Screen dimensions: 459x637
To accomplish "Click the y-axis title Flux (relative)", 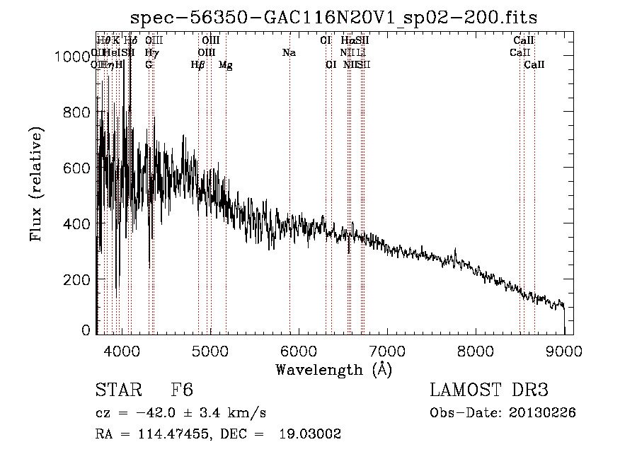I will [36, 184].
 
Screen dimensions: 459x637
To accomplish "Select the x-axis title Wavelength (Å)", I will [333, 369].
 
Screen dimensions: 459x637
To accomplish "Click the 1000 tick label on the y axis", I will [72, 57].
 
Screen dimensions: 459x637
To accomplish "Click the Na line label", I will [289, 52].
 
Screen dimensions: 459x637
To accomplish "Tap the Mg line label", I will [226, 65].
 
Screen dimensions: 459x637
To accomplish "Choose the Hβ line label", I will [198, 65].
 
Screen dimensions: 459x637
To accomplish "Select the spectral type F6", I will [182, 391].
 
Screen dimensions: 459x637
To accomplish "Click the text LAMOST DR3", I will [489, 391].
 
